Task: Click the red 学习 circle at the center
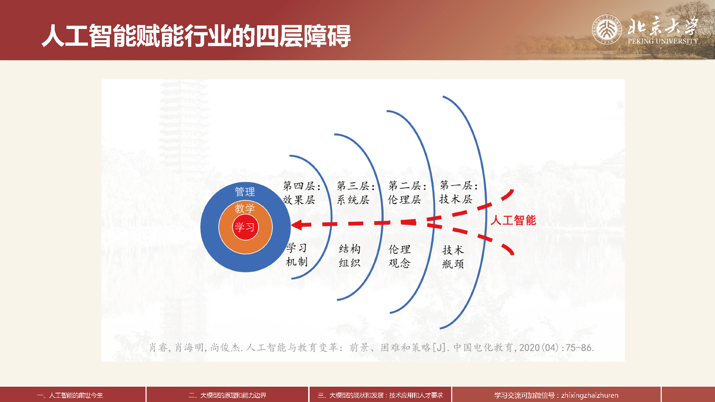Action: [x=245, y=227]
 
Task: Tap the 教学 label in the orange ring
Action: [x=245, y=208]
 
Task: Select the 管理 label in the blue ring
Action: [x=245, y=192]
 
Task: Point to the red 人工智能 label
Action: [x=513, y=220]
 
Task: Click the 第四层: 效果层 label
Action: [x=301, y=193]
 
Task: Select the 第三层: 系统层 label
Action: [x=355, y=193]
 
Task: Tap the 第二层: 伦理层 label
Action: [x=407, y=193]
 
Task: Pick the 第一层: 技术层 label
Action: [x=458, y=192]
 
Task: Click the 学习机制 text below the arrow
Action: [x=297, y=255]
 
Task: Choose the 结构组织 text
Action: [x=350, y=256]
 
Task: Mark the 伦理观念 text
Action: [x=400, y=256]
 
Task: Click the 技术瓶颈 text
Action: [x=453, y=257]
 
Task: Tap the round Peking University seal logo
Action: [x=607, y=29]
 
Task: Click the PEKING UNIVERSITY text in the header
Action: [x=663, y=41]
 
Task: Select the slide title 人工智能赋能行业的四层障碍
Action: [x=196, y=36]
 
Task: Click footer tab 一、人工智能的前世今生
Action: [x=70, y=395]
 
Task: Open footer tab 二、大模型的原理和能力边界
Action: [x=227, y=395]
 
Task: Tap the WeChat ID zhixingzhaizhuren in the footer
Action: [x=590, y=395]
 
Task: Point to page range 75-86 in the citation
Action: [x=580, y=348]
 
